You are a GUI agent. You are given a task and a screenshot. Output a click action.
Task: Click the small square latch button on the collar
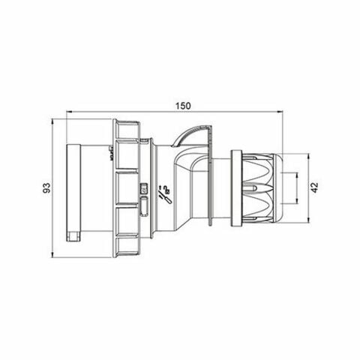pos(145,190)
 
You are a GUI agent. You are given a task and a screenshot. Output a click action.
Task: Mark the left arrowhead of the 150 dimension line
pos(70,114)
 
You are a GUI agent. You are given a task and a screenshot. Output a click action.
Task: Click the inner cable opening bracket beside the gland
pos(295,187)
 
